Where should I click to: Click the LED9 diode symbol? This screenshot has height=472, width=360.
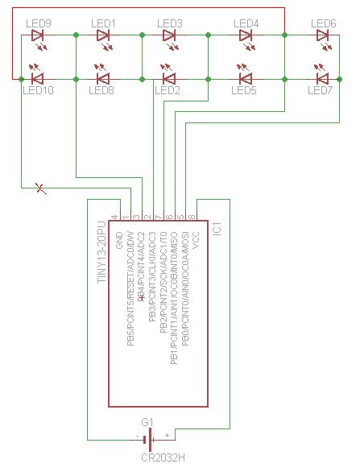tap(37, 35)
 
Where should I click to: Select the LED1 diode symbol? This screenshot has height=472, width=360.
tap(103, 35)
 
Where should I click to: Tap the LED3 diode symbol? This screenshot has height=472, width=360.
tap(169, 35)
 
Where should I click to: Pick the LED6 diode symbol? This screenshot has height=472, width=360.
tap(323, 35)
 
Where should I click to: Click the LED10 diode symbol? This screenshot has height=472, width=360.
tap(37, 78)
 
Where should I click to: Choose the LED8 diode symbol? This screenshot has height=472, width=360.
tap(103, 78)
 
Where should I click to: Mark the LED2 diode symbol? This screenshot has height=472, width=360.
tap(169, 78)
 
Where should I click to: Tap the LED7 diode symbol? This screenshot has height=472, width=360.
tap(323, 78)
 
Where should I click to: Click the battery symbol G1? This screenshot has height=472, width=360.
tap(147, 439)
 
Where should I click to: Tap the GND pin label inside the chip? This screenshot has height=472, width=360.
tap(119, 239)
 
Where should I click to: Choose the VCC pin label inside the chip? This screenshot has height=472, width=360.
tap(196, 239)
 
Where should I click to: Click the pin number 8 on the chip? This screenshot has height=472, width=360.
tap(192, 216)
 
